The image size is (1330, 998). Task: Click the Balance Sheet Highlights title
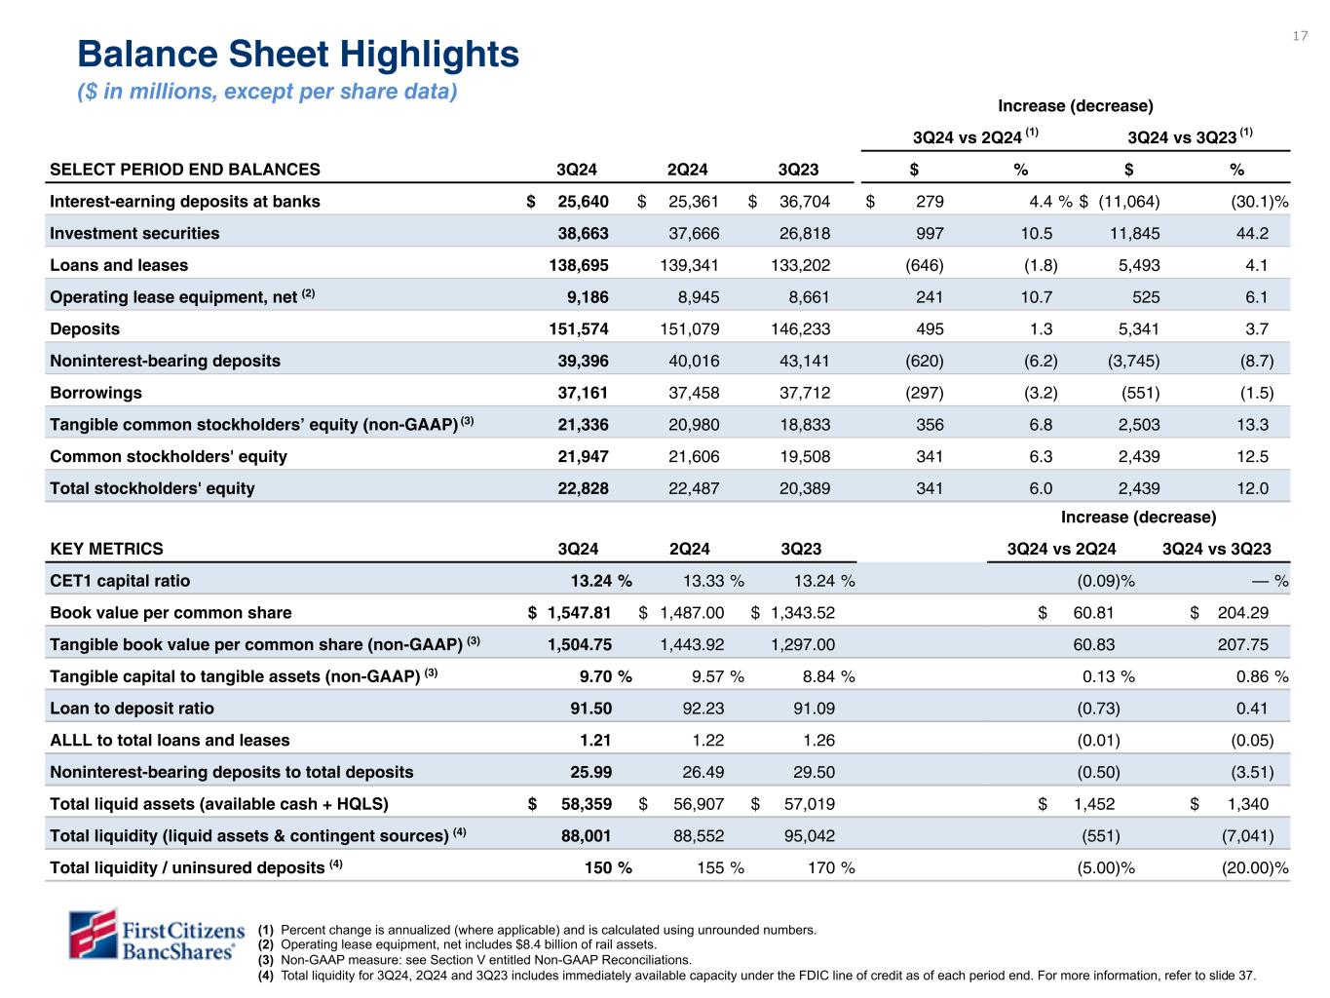pyautogui.click(x=298, y=55)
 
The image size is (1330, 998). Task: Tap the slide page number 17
pyautogui.click(x=1300, y=36)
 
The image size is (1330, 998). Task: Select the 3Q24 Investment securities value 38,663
pyautogui.click(x=582, y=233)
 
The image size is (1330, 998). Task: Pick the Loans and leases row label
pyautogui.click(x=119, y=265)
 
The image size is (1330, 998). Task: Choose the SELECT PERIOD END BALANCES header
pyautogui.click(x=185, y=169)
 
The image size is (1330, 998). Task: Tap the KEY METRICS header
pyautogui.click(x=107, y=549)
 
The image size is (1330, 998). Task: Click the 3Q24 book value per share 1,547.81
pyautogui.click(x=579, y=613)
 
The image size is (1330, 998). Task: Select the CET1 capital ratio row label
pyautogui.click(x=120, y=581)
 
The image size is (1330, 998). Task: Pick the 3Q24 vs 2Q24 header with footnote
pyautogui.click(x=974, y=136)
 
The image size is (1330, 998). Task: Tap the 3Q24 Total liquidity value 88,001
pyautogui.click(x=583, y=836)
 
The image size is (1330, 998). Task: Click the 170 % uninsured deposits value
pyautogui.click(x=827, y=867)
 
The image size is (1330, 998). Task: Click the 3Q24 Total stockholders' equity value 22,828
pyautogui.click(x=582, y=488)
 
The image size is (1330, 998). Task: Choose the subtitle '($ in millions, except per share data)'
pyautogui.click(x=267, y=92)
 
